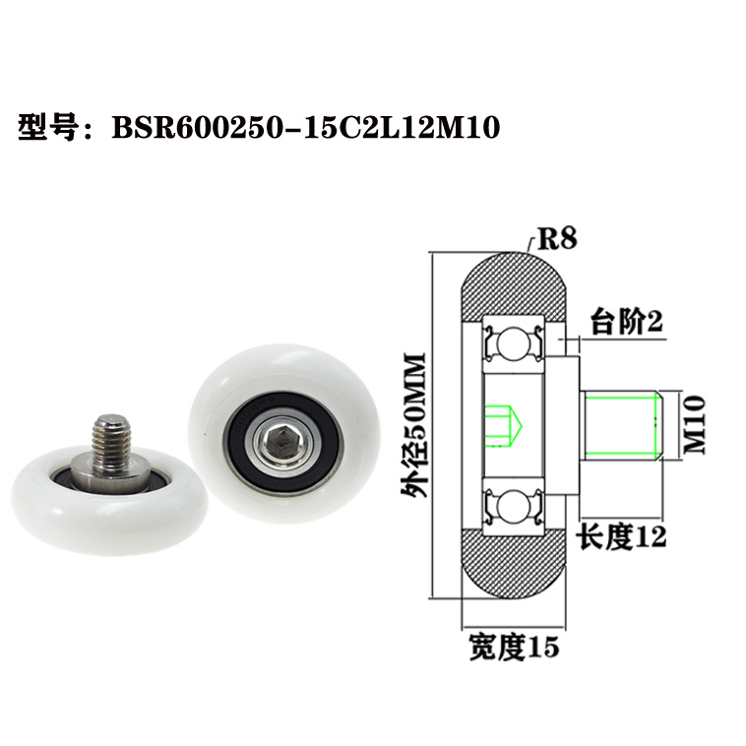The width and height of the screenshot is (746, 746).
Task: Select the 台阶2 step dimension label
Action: (625, 321)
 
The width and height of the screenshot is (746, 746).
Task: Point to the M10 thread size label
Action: (696, 423)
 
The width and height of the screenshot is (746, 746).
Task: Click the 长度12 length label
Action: (621, 536)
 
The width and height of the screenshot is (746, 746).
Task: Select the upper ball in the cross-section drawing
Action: (512, 343)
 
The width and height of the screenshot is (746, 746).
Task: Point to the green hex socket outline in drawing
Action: (507, 424)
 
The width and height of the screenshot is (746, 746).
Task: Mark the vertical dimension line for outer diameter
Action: (433, 424)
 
